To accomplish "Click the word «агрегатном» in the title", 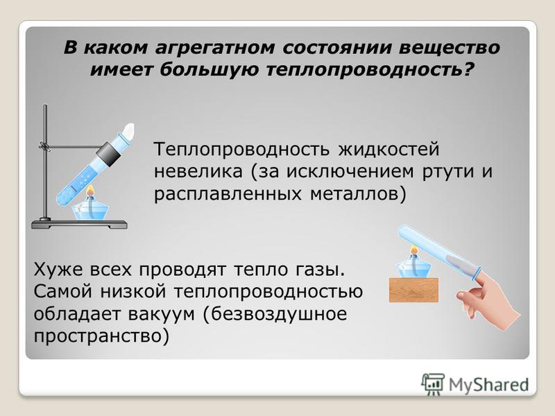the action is [x=215, y=48].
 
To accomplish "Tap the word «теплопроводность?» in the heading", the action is [x=370, y=69].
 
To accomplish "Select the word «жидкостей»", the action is [x=388, y=149].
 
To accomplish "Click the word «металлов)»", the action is [x=358, y=194].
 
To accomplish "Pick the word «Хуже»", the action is [x=58, y=270].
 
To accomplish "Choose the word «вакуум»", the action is [x=162, y=315].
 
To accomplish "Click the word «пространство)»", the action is [x=101, y=336].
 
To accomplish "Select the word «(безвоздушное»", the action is [x=275, y=315].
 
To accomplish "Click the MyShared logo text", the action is [x=489, y=385].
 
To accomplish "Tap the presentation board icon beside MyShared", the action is [x=433, y=384].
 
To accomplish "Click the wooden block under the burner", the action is [x=413, y=290].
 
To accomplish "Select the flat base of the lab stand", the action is [x=79, y=224].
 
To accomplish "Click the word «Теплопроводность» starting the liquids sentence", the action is [x=241, y=149].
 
